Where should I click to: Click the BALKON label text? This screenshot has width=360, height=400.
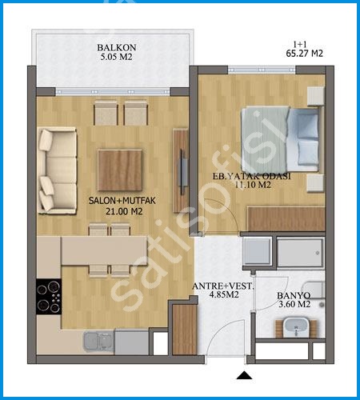117,47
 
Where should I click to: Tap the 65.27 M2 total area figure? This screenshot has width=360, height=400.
304,54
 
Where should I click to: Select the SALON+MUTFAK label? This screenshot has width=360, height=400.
122,201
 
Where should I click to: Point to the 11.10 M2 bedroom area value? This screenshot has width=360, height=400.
253,185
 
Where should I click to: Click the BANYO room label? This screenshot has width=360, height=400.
294,295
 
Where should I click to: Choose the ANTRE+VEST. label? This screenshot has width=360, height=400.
222,286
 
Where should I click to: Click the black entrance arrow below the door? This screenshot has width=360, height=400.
244,375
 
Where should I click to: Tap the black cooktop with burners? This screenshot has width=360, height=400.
49,297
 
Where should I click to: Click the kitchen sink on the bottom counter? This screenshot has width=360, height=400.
98,342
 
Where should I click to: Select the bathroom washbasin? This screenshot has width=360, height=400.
296,327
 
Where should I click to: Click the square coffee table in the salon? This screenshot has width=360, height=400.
120,170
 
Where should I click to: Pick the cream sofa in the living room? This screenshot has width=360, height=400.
57,170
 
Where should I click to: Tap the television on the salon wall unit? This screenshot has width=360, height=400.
182,172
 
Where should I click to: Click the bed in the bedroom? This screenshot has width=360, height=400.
280,139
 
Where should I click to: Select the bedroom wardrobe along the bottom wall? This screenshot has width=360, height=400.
286,218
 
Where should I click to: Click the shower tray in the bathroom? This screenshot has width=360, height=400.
300,252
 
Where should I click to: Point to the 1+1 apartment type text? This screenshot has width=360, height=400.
300,44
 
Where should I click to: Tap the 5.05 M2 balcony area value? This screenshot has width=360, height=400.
117,57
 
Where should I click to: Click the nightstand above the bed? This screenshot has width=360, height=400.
316,96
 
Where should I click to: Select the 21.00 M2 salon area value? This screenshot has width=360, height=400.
124,211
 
